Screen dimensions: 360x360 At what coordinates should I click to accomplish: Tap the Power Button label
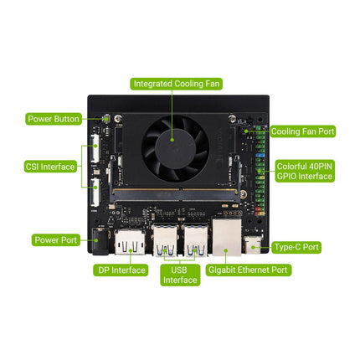pos(54,119)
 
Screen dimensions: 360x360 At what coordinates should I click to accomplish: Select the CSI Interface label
pos(50,167)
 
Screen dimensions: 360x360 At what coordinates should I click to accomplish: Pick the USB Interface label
pos(180,275)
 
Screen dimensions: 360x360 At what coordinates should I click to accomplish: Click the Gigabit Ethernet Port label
pos(248,270)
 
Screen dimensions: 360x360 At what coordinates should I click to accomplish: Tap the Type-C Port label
pos(297,248)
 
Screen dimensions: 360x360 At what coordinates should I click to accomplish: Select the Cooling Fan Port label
pos(301,131)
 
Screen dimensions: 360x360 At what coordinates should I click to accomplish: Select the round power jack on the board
pos(102,243)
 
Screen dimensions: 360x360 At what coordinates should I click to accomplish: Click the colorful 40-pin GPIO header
pos(260,167)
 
